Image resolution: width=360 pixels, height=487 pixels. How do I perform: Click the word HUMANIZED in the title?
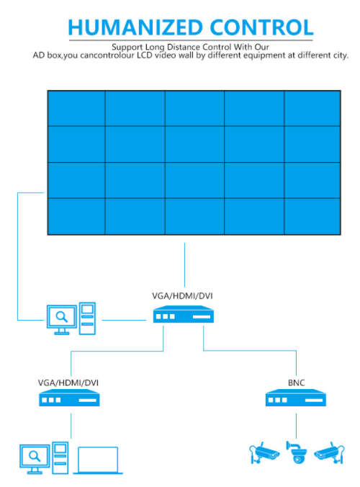pyautogui.click(x=135, y=27)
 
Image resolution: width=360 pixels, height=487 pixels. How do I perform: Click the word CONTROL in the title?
pyautogui.click(x=262, y=27)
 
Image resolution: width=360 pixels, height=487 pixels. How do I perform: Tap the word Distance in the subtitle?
pyautogui.click(x=184, y=48)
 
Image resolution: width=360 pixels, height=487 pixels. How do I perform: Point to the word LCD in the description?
pyautogui.click(x=145, y=55)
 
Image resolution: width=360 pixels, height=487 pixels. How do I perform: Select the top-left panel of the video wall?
pyautogui.click(x=76, y=108)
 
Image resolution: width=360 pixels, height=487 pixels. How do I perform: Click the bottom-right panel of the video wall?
pyautogui.click(x=312, y=216)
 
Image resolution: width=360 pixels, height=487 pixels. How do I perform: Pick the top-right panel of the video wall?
pyautogui.click(x=312, y=108)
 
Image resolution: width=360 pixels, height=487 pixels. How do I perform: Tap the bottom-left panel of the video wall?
pyautogui.click(x=76, y=216)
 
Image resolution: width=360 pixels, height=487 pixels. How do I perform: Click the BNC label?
pyautogui.click(x=297, y=383)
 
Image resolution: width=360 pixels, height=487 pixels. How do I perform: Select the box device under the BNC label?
pyautogui.click(x=296, y=398)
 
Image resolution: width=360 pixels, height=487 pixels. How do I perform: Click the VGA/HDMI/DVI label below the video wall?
pyautogui.click(x=182, y=295)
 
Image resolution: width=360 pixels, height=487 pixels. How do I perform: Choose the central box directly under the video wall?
pyautogui.click(x=184, y=314)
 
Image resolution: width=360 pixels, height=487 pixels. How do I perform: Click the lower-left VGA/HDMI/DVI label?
pyautogui.click(x=68, y=383)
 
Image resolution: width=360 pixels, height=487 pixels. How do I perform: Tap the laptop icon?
pyautogui.click(x=98, y=460)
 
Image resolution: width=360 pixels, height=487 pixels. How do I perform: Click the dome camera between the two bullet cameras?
pyautogui.click(x=297, y=452)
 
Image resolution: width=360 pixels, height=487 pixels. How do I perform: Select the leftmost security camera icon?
pyautogui.click(x=264, y=453)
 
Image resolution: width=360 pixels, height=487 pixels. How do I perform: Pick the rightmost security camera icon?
pyautogui.click(x=329, y=453)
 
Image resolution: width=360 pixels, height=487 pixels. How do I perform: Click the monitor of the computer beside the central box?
pyautogui.click(x=62, y=320)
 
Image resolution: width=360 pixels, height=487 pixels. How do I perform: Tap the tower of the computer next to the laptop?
pyautogui.click(x=60, y=457)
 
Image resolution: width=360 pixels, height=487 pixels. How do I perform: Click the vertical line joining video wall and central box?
pyautogui.click(x=184, y=265)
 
